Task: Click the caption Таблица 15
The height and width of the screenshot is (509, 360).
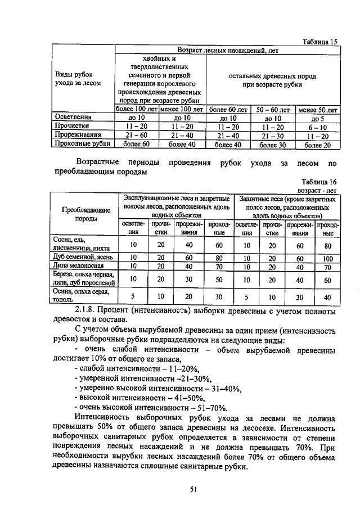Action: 318,42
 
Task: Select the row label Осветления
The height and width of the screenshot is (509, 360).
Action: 73,118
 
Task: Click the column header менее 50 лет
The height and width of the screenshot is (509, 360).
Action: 318,109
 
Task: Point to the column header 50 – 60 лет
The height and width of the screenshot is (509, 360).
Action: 273,109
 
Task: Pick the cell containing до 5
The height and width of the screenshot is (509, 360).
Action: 318,118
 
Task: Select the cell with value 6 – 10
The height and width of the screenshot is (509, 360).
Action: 318,127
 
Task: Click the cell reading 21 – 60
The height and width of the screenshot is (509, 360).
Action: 137,136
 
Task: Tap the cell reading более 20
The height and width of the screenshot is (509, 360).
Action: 318,145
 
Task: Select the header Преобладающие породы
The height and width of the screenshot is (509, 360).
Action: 85,214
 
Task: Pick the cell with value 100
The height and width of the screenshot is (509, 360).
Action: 327,258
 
